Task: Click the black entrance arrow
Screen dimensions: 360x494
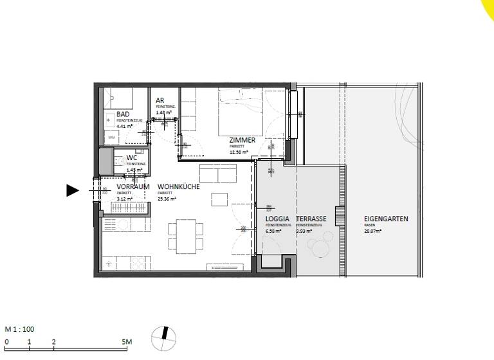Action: click(x=72, y=190)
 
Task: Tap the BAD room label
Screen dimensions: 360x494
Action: click(x=123, y=114)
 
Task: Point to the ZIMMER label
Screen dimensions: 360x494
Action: click(x=242, y=140)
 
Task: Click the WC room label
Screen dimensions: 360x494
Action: click(x=131, y=157)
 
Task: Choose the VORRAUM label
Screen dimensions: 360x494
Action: click(x=133, y=186)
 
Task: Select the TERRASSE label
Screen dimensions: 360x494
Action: click(x=311, y=219)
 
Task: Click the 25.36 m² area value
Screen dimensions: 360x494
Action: click(x=167, y=199)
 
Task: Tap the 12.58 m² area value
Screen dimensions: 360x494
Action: click(x=239, y=152)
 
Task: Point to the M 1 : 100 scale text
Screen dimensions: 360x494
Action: click(x=21, y=329)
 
